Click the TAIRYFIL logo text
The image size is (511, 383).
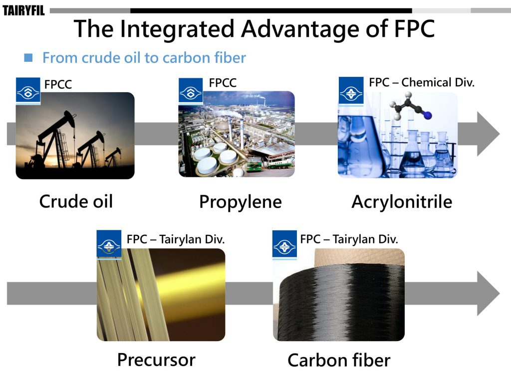[x=23, y=10]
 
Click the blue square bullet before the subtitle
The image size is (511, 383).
[x=28, y=58]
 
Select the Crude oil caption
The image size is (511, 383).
[x=76, y=201]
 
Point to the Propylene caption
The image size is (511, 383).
[x=241, y=202]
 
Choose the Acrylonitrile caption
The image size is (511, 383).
[x=402, y=202]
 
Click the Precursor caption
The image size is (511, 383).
[x=156, y=360]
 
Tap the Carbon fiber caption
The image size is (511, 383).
[x=339, y=360]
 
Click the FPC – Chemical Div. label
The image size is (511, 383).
[x=421, y=82]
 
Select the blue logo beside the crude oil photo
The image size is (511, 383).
[x=28, y=91]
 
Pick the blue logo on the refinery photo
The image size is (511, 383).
[x=191, y=91]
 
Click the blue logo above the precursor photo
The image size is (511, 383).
[x=109, y=245]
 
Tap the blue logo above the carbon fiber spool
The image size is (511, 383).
[x=284, y=245]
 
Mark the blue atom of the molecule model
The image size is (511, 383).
[x=428, y=115]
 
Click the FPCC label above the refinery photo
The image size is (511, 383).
[x=223, y=83]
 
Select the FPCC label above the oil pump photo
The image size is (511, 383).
[x=58, y=84]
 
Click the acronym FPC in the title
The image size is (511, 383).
[x=414, y=29]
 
